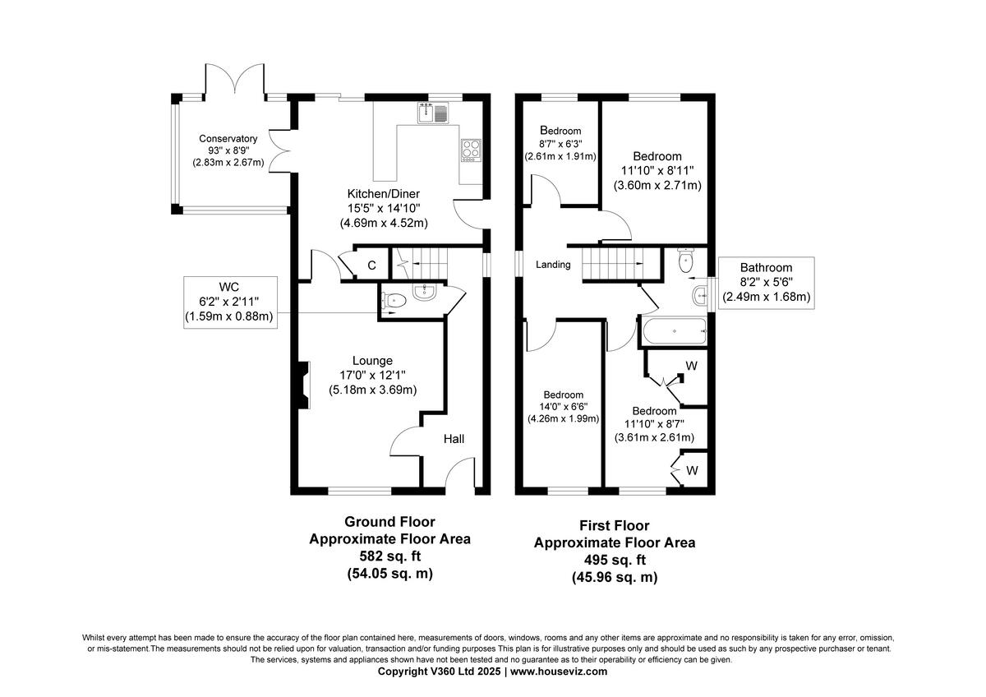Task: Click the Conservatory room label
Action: (x=228, y=139)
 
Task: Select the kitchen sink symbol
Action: (x=435, y=113)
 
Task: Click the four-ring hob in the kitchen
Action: (x=472, y=150)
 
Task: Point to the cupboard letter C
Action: (x=371, y=265)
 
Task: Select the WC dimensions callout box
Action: (x=229, y=302)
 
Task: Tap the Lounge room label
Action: (x=372, y=360)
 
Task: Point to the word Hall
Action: (x=454, y=439)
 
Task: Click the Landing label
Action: (x=553, y=264)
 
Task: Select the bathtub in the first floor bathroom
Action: (x=675, y=333)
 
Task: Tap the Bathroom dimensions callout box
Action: (x=765, y=282)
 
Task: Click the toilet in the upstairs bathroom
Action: (x=687, y=261)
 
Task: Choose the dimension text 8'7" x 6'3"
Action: (x=560, y=144)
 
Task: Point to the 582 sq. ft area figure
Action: (x=389, y=556)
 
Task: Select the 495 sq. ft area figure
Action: (x=615, y=561)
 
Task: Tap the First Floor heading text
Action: (x=615, y=525)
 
